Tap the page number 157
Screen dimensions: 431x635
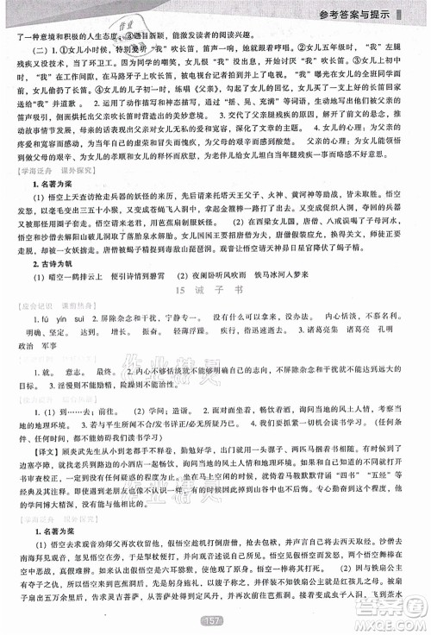point(213,621)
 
